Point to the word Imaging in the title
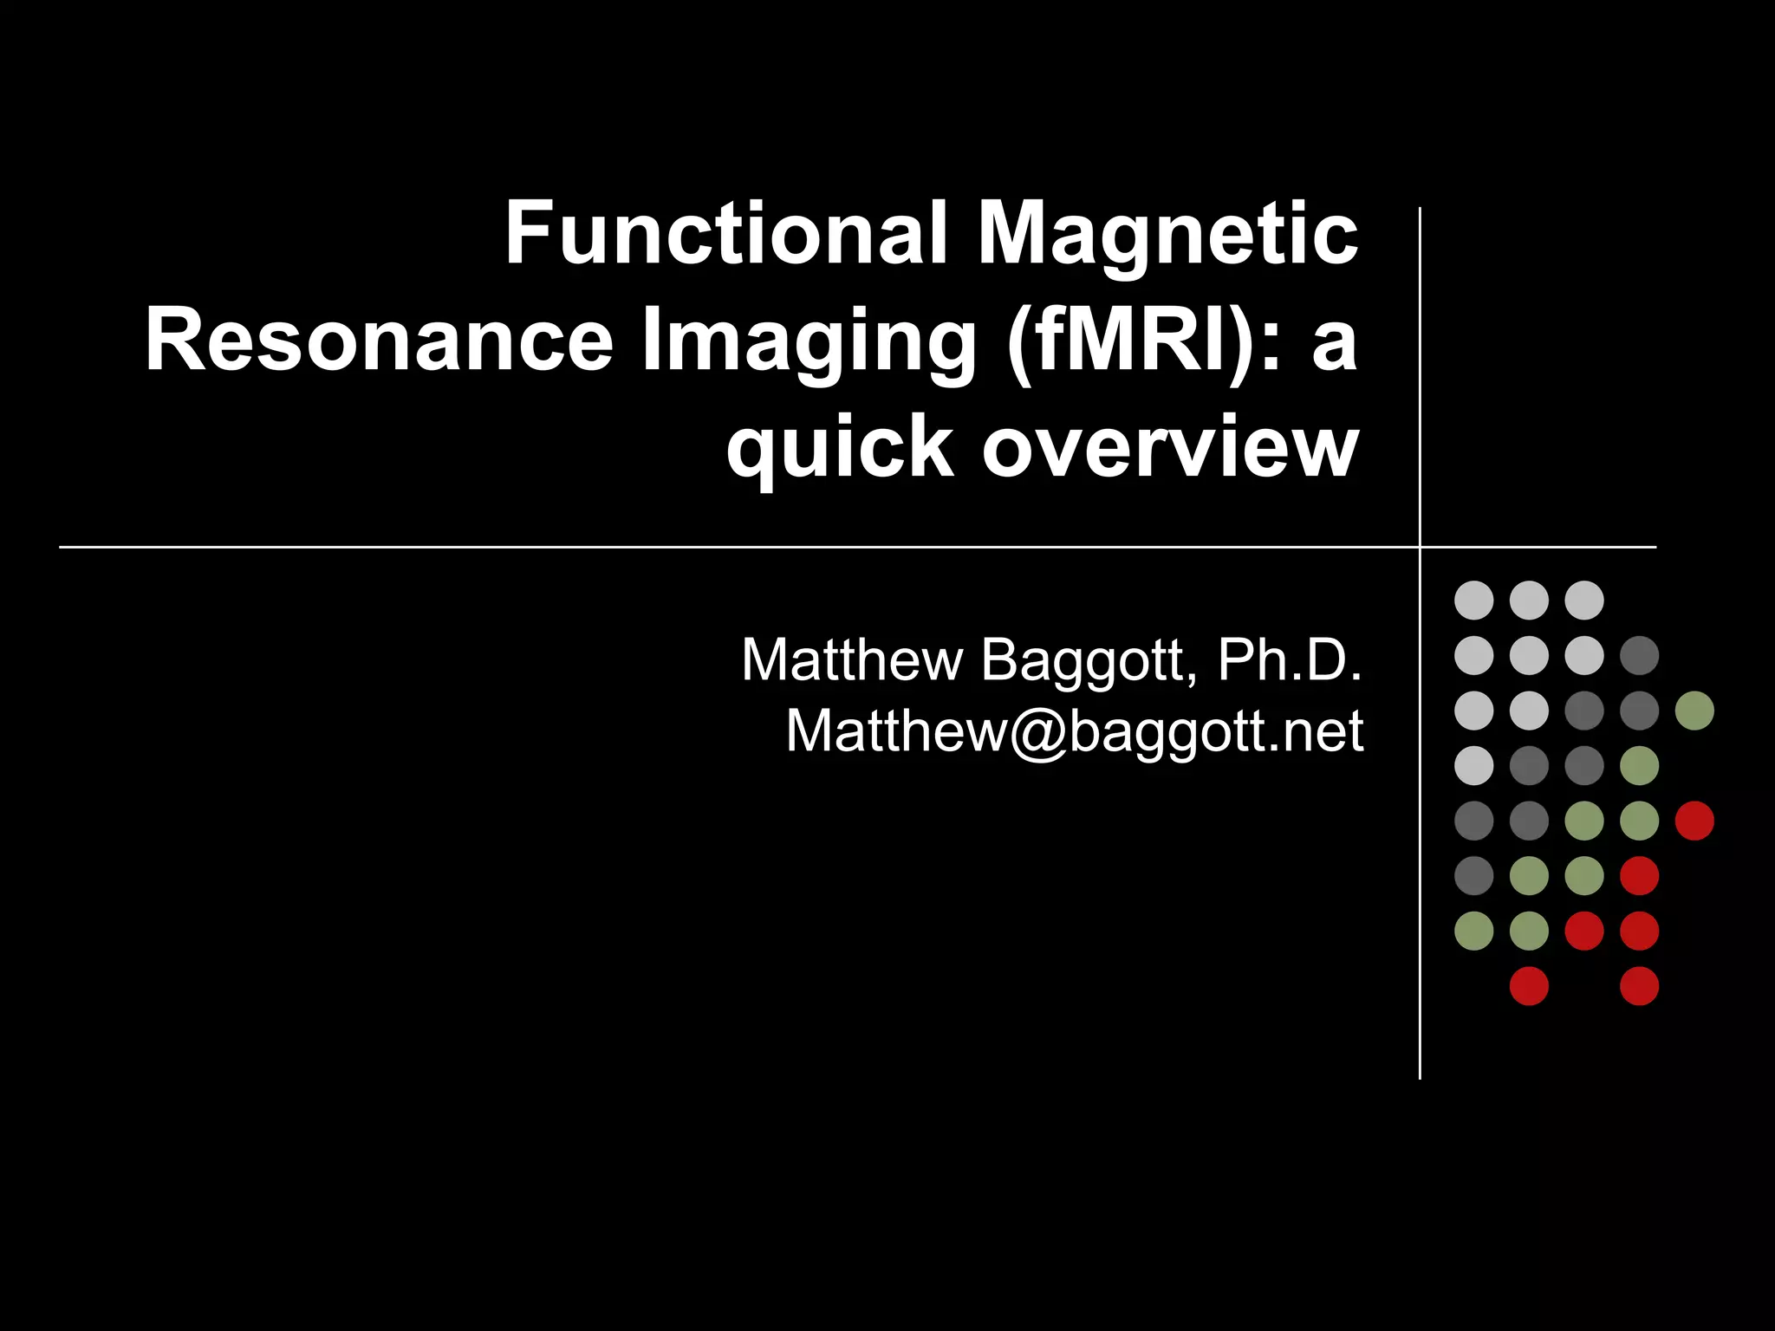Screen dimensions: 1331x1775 coord(809,342)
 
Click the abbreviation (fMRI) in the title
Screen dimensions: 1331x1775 coord(1130,341)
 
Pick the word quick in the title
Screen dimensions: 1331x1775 coord(840,449)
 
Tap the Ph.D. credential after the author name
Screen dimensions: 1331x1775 coord(1290,660)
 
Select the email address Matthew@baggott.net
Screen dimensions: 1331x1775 coord(1074,731)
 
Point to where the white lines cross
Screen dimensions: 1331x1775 coord(1420,547)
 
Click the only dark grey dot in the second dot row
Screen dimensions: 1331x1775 coord(1639,655)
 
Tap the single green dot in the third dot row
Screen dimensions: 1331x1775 coord(1694,711)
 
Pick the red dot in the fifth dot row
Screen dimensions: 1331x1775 coord(1694,821)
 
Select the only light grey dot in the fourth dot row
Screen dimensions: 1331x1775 coord(1473,765)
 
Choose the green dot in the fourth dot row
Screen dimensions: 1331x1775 coord(1639,765)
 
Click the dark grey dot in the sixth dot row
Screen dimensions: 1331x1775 coord(1473,875)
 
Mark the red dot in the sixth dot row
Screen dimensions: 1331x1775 coord(1639,875)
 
